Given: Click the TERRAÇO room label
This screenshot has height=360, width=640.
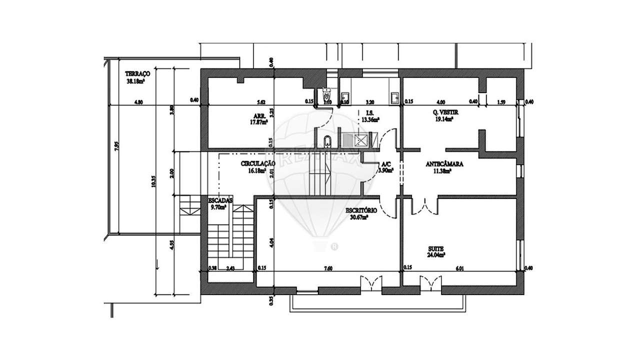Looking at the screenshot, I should (x=137, y=73).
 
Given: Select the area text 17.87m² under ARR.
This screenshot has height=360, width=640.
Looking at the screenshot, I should (x=259, y=121).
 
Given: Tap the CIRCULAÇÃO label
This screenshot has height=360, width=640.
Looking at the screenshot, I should (x=258, y=164).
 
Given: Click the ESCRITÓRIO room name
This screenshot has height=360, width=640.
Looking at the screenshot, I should (x=361, y=211).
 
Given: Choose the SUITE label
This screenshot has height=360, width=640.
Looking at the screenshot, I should (x=436, y=248).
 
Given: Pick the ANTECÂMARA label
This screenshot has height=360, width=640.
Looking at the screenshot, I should (x=444, y=164).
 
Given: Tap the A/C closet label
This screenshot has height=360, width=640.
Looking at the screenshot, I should (x=386, y=164).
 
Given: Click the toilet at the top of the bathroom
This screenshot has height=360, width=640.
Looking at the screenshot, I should (x=327, y=93).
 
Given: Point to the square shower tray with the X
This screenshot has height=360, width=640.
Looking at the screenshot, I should (x=360, y=140).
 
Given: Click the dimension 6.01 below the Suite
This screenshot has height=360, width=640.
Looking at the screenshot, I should (x=460, y=268).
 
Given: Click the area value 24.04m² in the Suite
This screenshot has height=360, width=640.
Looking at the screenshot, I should (x=436, y=254).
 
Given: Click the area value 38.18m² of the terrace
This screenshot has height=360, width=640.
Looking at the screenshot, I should (x=136, y=80).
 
